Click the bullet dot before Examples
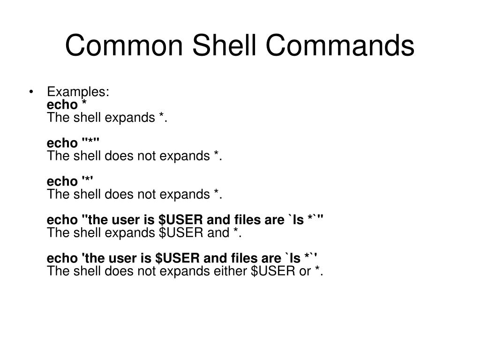31,92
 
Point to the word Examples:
79,92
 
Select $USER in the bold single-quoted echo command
174,258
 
